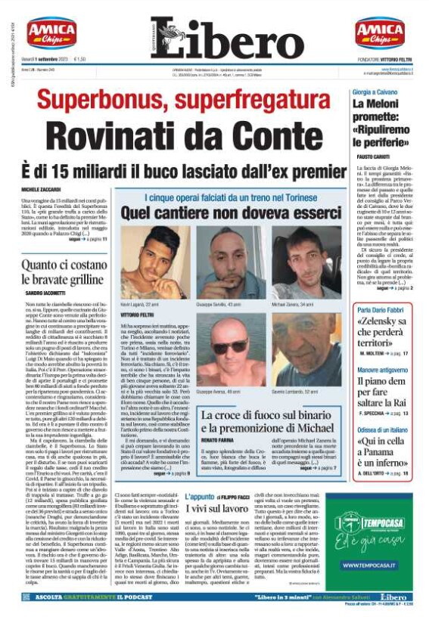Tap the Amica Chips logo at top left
51,33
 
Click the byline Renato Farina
217,439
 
